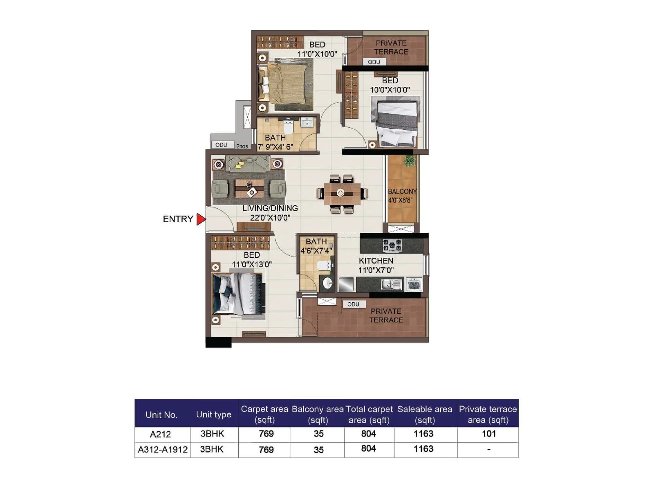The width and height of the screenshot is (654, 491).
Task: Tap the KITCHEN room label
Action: (x=376, y=261)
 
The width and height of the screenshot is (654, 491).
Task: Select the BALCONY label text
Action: (x=402, y=191)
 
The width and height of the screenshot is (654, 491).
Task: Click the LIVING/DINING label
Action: (x=270, y=208)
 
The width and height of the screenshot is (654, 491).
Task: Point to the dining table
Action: (x=342, y=193)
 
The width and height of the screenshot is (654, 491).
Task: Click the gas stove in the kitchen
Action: (x=392, y=245)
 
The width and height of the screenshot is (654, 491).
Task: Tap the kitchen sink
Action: (x=391, y=284)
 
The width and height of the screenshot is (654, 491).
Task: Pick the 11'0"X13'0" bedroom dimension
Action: (x=251, y=264)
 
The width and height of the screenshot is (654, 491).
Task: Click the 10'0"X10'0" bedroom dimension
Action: (x=390, y=90)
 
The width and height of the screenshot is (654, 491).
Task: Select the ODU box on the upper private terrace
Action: (x=374, y=62)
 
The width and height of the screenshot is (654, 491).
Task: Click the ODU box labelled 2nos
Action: (x=222, y=145)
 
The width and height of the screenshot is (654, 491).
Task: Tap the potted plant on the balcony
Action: (x=409, y=161)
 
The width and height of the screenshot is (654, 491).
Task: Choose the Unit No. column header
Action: (x=161, y=415)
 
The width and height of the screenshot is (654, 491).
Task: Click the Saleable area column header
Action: (x=425, y=414)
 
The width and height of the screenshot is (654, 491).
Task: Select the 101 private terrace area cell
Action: (x=488, y=434)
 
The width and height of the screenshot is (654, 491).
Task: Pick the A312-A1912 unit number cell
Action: (x=163, y=450)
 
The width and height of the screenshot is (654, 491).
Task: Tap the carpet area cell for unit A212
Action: (x=266, y=434)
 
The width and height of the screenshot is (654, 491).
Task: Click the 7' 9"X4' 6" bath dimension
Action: (x=275, y=147)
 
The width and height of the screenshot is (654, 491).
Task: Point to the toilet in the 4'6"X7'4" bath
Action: (x=324, y=266)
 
